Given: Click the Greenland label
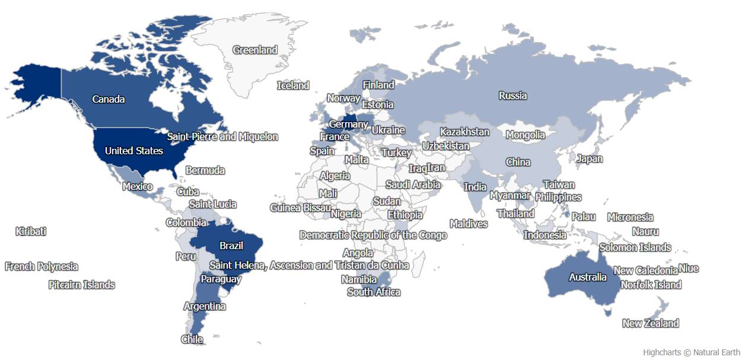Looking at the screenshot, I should tap(255, 50).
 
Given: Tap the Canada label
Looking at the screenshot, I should tap(109, 99).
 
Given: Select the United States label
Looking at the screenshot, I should tap(133, 151).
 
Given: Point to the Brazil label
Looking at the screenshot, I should tap(231, 246).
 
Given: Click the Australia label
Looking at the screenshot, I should tap(588, 277).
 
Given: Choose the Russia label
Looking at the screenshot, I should tap(512, 95).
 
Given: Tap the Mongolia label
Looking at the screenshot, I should tap(525, 135).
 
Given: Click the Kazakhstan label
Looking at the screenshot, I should tap(464, 132).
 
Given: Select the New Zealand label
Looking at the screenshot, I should tap(650, 323).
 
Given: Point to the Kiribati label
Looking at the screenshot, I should tap(31, 231).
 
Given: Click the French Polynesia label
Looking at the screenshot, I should tap(42, 266).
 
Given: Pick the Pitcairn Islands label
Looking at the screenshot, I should tap(82, 285).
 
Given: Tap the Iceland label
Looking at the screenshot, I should tap(293, 85).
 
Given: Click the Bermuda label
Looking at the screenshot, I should tap(205, 170).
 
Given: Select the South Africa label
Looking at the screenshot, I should tap(374, 292).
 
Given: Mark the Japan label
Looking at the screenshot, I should tap(590, 158).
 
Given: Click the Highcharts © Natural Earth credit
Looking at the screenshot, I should tap(691, 352).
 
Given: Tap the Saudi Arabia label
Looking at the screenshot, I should tap(413, 184).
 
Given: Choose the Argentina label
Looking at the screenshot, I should tap(205, 307).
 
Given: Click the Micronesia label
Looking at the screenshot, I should tap(630, 217).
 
